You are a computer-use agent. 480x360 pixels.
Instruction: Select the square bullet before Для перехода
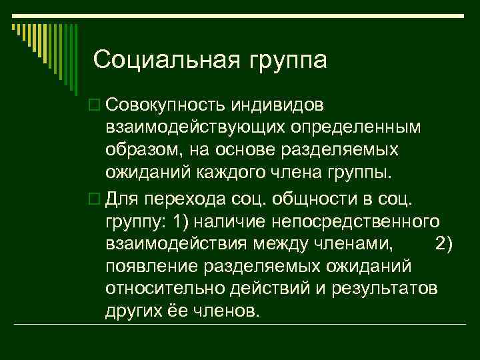pyautogui.click(x=92, y=198)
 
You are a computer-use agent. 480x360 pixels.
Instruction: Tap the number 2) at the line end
pyautogui.click(x=443, y=244)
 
